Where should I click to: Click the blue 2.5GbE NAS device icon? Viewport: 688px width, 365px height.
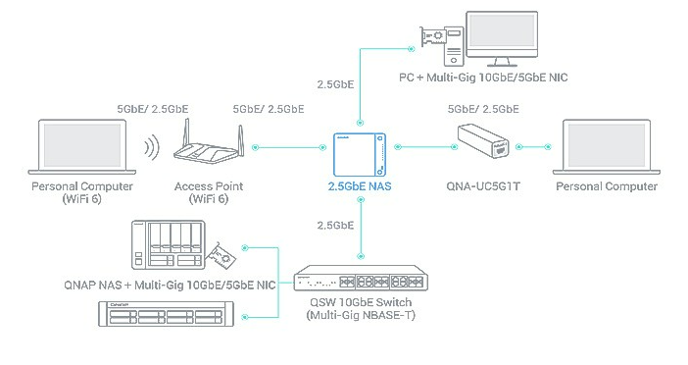click(360, 155)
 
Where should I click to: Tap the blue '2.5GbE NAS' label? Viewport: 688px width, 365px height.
click(360, 186)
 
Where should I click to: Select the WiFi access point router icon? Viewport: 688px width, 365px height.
click(209, 141)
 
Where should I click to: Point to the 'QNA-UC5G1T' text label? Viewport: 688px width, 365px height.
click(483, 186)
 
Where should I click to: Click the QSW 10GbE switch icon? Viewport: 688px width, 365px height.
click(361, 278)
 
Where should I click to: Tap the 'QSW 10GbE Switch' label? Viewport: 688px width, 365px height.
click(361, 302)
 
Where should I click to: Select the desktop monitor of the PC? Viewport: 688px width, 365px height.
click(502, 38)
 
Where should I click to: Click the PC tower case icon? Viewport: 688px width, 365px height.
click(454, 46)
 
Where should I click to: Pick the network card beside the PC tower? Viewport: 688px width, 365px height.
click(433, 37)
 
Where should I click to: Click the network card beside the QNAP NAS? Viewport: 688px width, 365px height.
click(221, 256)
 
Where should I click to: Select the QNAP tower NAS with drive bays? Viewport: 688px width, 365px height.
click(169, 245)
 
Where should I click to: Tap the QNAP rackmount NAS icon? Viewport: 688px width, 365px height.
click(166, 314)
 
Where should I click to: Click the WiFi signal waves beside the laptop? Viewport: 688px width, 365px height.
click(152, 147)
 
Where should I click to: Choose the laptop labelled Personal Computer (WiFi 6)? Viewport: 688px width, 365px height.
click(82, 147)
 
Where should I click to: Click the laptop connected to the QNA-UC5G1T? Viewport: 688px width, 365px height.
click(607, 147)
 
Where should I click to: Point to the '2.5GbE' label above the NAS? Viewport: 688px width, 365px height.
click(335, 84)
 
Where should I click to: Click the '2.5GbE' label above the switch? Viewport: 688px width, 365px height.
click(335, 226)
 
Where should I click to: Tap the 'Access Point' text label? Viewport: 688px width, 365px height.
click(209, 186)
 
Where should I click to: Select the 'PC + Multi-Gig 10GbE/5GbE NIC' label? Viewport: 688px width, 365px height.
click(483, 78)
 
